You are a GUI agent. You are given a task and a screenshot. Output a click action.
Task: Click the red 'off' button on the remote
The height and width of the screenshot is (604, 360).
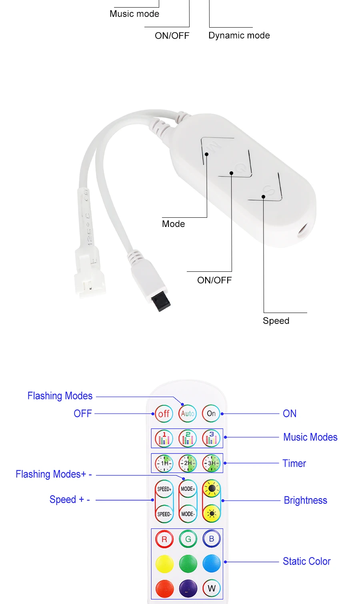164,413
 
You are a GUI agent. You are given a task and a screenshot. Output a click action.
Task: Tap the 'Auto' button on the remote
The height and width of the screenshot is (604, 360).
188,413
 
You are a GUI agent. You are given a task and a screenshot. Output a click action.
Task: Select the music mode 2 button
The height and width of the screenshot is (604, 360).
188,439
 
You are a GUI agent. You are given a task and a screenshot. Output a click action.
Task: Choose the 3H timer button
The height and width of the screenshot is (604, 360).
211,463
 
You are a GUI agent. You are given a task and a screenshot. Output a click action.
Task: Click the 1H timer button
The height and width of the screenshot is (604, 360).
164,463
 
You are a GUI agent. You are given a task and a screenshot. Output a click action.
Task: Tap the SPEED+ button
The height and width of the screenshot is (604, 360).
164,489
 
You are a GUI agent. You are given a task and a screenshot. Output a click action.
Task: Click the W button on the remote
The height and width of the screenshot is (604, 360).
211,588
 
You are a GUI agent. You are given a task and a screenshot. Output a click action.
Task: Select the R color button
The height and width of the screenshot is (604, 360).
164,539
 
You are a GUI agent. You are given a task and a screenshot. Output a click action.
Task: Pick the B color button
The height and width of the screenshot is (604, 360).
211,539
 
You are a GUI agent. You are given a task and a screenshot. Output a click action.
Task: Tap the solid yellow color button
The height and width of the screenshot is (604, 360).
164,564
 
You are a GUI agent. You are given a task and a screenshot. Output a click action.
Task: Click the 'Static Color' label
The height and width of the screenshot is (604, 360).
306,561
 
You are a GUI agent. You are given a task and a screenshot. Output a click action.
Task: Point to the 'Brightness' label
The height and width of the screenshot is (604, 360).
305,500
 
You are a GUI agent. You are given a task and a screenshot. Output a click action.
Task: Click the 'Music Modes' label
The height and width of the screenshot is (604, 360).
310,437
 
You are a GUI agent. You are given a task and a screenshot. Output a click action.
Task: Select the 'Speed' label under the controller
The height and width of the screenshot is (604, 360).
276,321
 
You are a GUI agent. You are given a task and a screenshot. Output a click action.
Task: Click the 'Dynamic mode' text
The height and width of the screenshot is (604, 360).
239,35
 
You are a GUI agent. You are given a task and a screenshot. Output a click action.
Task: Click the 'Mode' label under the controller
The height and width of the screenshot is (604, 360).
173,224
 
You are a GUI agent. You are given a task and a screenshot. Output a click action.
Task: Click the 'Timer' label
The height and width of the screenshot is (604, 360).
294,463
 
